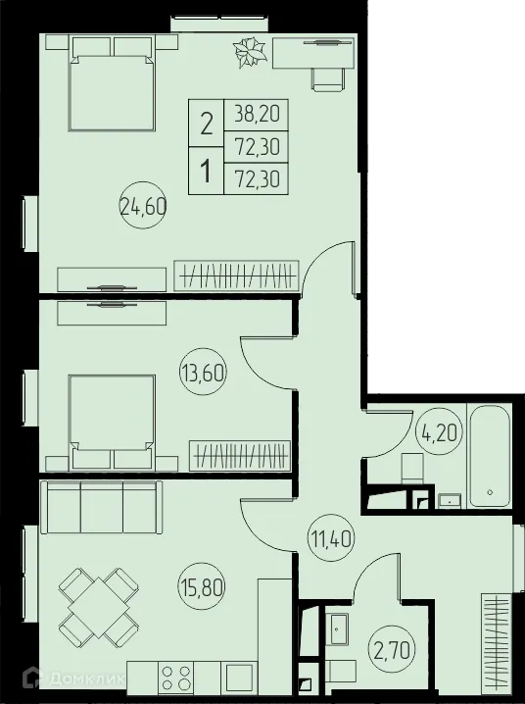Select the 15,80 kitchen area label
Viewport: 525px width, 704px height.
(201, 590)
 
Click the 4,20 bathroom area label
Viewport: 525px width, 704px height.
(437, 431)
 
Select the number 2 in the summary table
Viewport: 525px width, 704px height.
(206, 125)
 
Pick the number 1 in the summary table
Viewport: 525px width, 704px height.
(206, 172)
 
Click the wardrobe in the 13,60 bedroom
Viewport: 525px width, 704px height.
(239, 456)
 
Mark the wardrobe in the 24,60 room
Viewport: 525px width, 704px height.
(236, 274)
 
